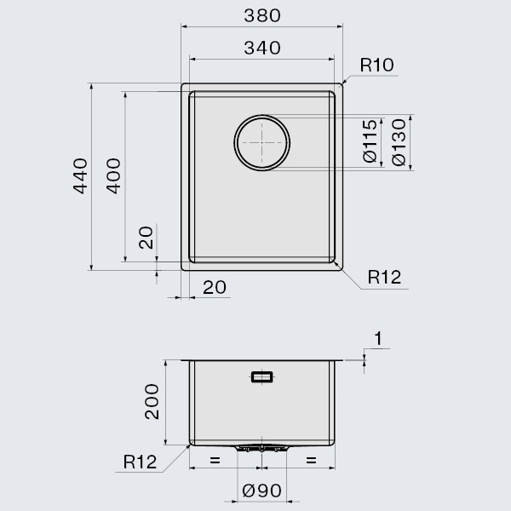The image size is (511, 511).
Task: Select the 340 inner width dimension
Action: click(x=261, y=49)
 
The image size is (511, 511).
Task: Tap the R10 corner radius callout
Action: click(x=376, y=66)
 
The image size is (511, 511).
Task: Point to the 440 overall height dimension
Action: click(x=80, y=175)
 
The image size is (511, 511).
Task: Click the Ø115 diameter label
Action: click(x=370, y=141)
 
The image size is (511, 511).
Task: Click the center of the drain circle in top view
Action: click(x=262, y=141)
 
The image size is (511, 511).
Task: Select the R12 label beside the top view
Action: click(x=384, y=277)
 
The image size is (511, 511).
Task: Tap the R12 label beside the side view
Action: click(x=139, y=462)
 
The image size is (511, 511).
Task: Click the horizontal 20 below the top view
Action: click(x=215, y=288)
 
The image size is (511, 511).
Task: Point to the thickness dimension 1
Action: click(x=379, y=338)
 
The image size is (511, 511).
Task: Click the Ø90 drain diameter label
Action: click(x=261, y=492)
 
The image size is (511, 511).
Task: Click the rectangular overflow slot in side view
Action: click(x=261, y=376)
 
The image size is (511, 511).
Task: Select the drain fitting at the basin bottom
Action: click(x=261, y=447)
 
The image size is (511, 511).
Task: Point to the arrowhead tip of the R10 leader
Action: click(x=342, y=84)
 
